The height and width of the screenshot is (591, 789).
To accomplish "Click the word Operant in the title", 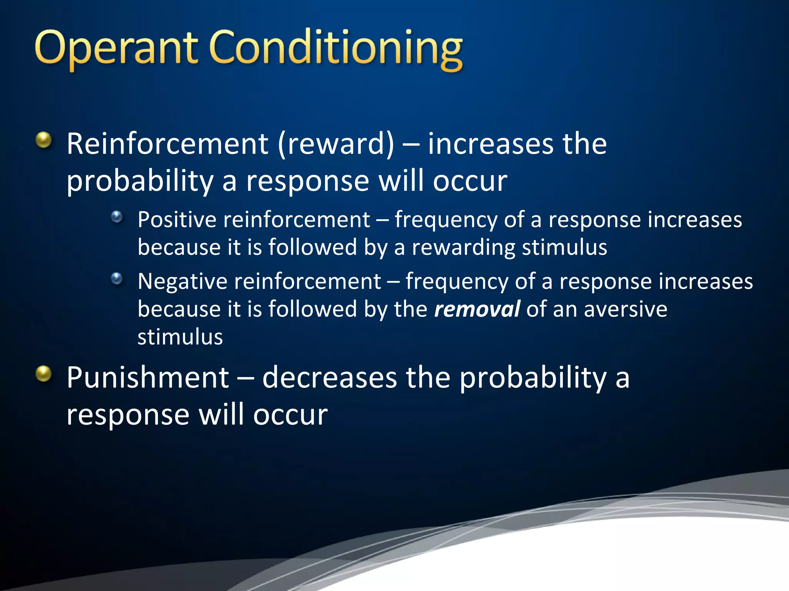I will (x=116, y=48).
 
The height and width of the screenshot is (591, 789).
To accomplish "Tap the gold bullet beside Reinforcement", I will (x=44, y=140).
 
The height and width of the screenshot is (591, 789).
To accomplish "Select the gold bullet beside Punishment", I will (x=44, y=373).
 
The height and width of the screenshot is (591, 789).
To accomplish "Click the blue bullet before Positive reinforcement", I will (x=117, y=217).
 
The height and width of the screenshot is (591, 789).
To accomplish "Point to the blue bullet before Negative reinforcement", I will (x=117, y=278).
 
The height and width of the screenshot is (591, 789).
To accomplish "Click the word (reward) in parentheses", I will (x=336, y=144).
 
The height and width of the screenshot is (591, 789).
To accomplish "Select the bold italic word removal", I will (x=477, y=309).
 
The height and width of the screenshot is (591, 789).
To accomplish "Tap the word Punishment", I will (x=148, y=377).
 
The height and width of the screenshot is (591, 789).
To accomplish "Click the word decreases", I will (x=329, y=377).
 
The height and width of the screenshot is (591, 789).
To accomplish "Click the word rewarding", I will (x=463, y=247).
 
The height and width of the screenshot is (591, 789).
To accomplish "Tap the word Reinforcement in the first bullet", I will (x=167, y=144).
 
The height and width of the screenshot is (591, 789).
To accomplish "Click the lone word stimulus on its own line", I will (x=180, y=337).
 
